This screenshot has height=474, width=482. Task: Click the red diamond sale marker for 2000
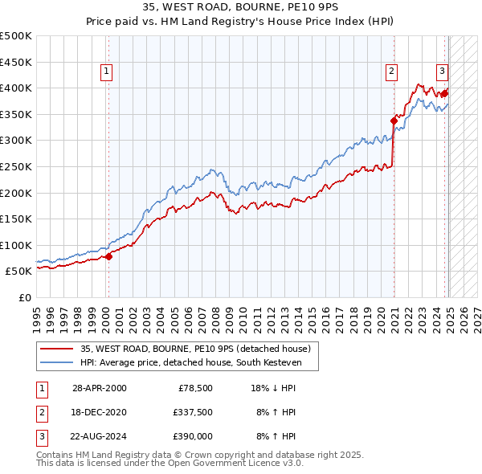point(108,257)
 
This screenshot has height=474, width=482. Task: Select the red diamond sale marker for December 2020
point(394,121)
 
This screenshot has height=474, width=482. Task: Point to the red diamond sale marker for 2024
point(445,94)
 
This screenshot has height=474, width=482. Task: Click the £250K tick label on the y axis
point(16,166)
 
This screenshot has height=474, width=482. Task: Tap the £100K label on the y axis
point(16,245)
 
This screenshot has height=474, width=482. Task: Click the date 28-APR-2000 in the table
point(99,388)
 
